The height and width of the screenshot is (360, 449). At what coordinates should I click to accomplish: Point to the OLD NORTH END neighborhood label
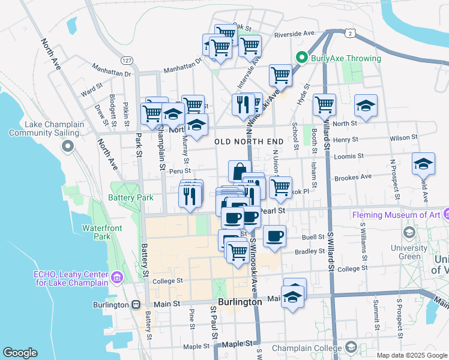249,142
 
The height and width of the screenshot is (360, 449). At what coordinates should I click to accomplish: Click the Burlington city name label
240,302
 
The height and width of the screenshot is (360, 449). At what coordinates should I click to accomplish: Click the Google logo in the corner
20,352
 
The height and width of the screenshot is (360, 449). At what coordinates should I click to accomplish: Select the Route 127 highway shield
126,61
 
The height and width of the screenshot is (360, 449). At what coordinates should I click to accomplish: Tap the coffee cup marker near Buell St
274,236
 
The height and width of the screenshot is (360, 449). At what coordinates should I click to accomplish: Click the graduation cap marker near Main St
292,296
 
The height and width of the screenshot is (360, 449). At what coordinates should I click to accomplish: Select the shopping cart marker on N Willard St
324,104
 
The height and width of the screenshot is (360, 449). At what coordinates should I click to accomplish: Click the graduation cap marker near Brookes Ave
423,164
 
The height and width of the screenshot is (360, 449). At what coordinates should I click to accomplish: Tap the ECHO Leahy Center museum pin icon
116,277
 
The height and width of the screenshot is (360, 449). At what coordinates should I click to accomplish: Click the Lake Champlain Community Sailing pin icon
68,146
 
